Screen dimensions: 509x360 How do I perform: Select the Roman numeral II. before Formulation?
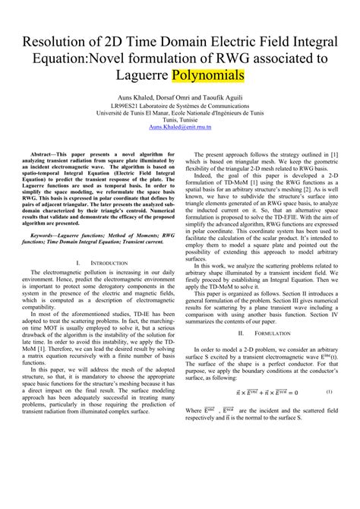[241, 353]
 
